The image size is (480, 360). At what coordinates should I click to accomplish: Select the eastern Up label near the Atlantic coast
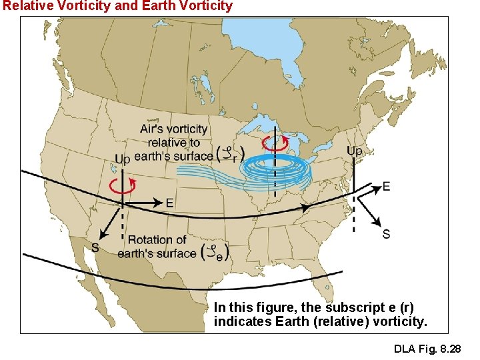355,151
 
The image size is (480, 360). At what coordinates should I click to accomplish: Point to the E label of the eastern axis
386,187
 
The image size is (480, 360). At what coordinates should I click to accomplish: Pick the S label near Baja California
95,247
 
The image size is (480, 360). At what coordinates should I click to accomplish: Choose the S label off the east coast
386,234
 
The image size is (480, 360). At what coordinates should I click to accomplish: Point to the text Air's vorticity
174,129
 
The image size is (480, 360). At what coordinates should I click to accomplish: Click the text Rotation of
157,239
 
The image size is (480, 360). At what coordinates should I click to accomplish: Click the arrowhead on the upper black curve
307,208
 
